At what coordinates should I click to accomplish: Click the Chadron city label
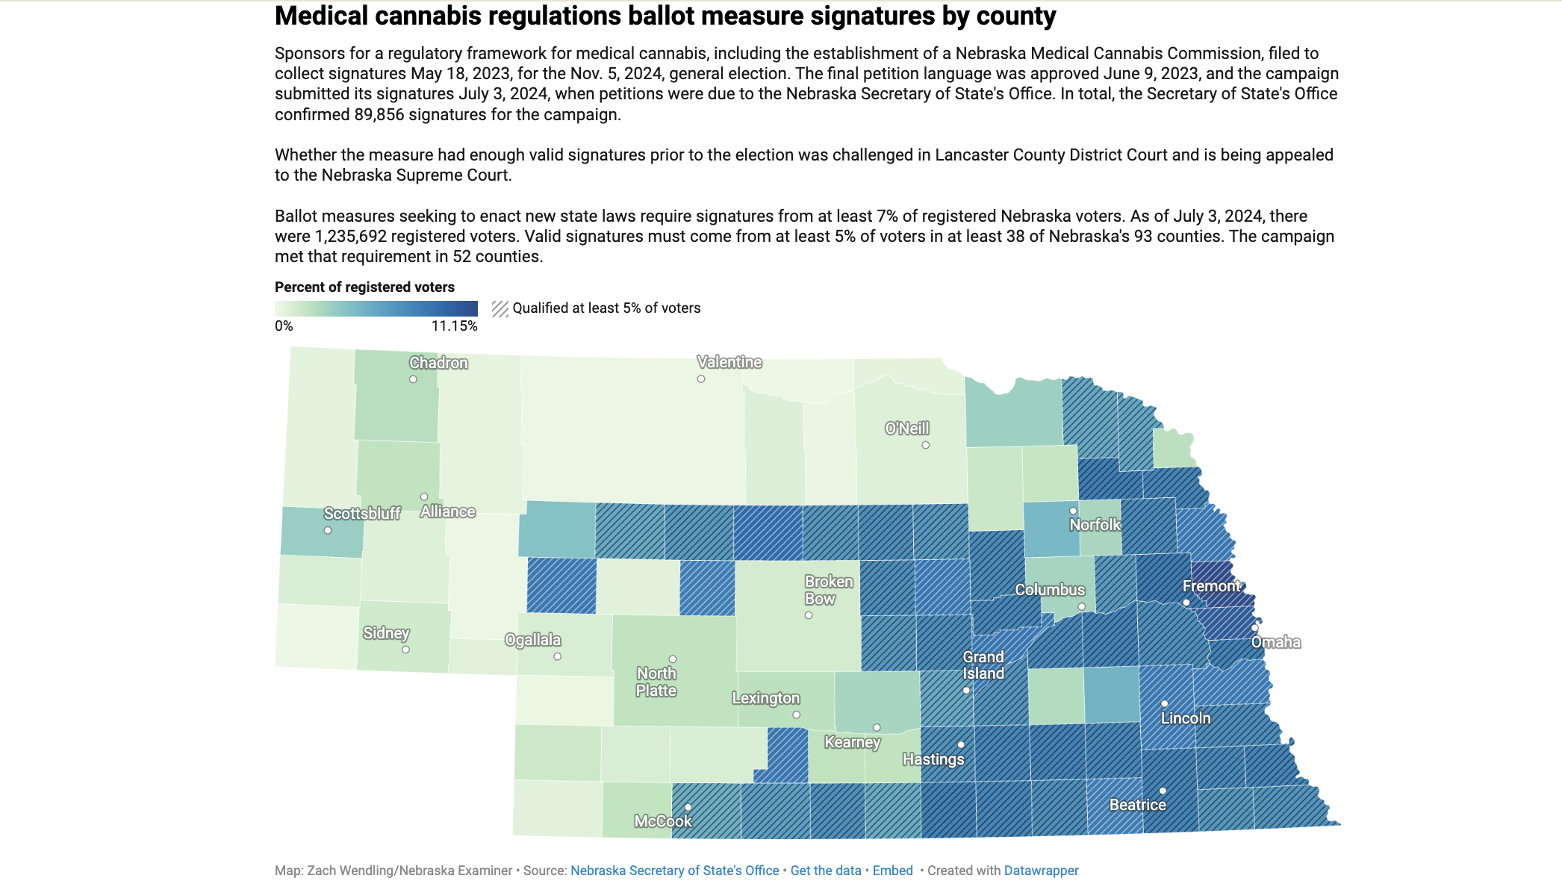[x=438, y=363]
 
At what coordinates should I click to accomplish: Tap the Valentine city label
[x=729, y=362]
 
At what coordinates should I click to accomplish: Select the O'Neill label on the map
[x=906, y=429]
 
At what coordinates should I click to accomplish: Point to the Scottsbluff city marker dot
[x=328, y=531]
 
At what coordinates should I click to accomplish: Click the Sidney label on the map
[x=386, y=633]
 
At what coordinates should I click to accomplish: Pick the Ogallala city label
[x=532, y=640]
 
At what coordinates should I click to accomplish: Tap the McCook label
[x=662, y=821]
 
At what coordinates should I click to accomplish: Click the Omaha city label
[x=1275, y=642]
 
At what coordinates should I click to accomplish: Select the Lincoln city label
[x=1185, y=718]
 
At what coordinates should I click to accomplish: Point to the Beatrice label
[x=1137, y=805]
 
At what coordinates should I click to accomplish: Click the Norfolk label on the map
[x=1095, y=525]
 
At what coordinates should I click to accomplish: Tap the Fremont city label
[x=1211, y=586]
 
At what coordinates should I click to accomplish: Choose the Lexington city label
[x=765, y=698]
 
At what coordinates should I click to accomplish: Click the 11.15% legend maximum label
[x=454, y=326]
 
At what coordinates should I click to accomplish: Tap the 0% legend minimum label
[x=284, y=326]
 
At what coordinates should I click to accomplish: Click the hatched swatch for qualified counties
[x=500, y=308]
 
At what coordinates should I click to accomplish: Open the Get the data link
[x=825, y=871]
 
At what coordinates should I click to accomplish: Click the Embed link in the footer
[x=892, y=871]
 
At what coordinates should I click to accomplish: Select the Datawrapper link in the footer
[x=1041, y=871]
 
